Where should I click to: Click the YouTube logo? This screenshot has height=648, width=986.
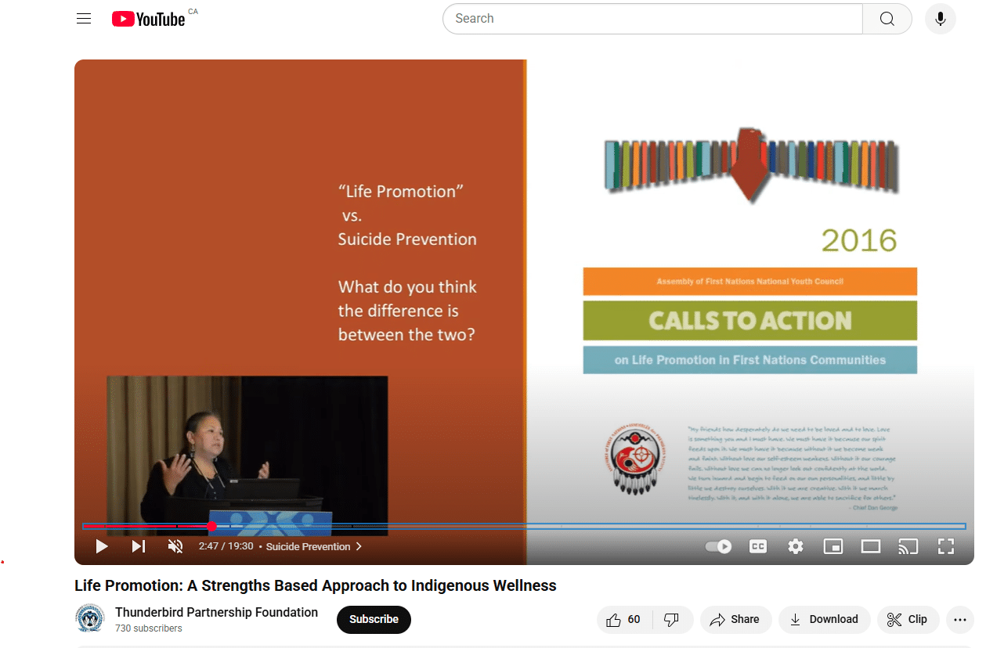[149, 19]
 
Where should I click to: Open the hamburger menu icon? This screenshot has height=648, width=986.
[84, 19]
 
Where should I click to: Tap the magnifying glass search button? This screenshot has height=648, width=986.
[887, 19]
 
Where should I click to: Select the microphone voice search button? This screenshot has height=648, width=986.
[940, 19]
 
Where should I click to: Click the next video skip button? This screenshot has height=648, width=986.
[139, 546]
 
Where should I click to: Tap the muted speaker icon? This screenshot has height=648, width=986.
[175, 546]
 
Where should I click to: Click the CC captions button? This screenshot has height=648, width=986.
[757, 546]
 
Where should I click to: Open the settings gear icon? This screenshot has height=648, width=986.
[796, 546]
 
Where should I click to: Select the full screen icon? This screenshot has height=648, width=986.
[945, 546]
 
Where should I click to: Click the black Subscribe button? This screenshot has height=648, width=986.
[374, 619]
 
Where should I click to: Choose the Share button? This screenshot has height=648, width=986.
[735, 619]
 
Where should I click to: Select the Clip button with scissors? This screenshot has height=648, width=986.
[907, 619]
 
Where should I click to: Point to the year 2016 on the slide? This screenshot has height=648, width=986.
[858, 240]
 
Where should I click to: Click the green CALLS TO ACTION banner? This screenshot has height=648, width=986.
[749, 321]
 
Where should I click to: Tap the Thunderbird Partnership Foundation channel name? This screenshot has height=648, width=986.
[216, 612]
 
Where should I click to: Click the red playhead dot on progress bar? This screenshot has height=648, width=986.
[212, 527]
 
